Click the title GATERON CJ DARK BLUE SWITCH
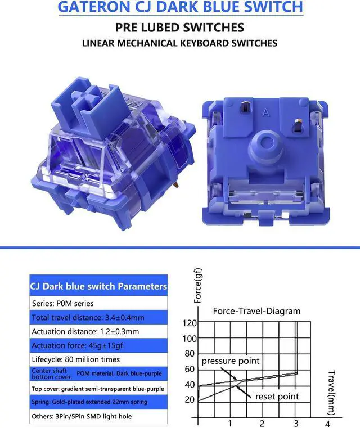180,7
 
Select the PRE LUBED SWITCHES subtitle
179,26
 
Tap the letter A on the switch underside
267,112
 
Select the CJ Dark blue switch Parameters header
98,286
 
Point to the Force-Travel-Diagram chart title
256,310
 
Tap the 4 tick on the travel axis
327,423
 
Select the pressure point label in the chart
231,361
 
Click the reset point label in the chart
277,397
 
